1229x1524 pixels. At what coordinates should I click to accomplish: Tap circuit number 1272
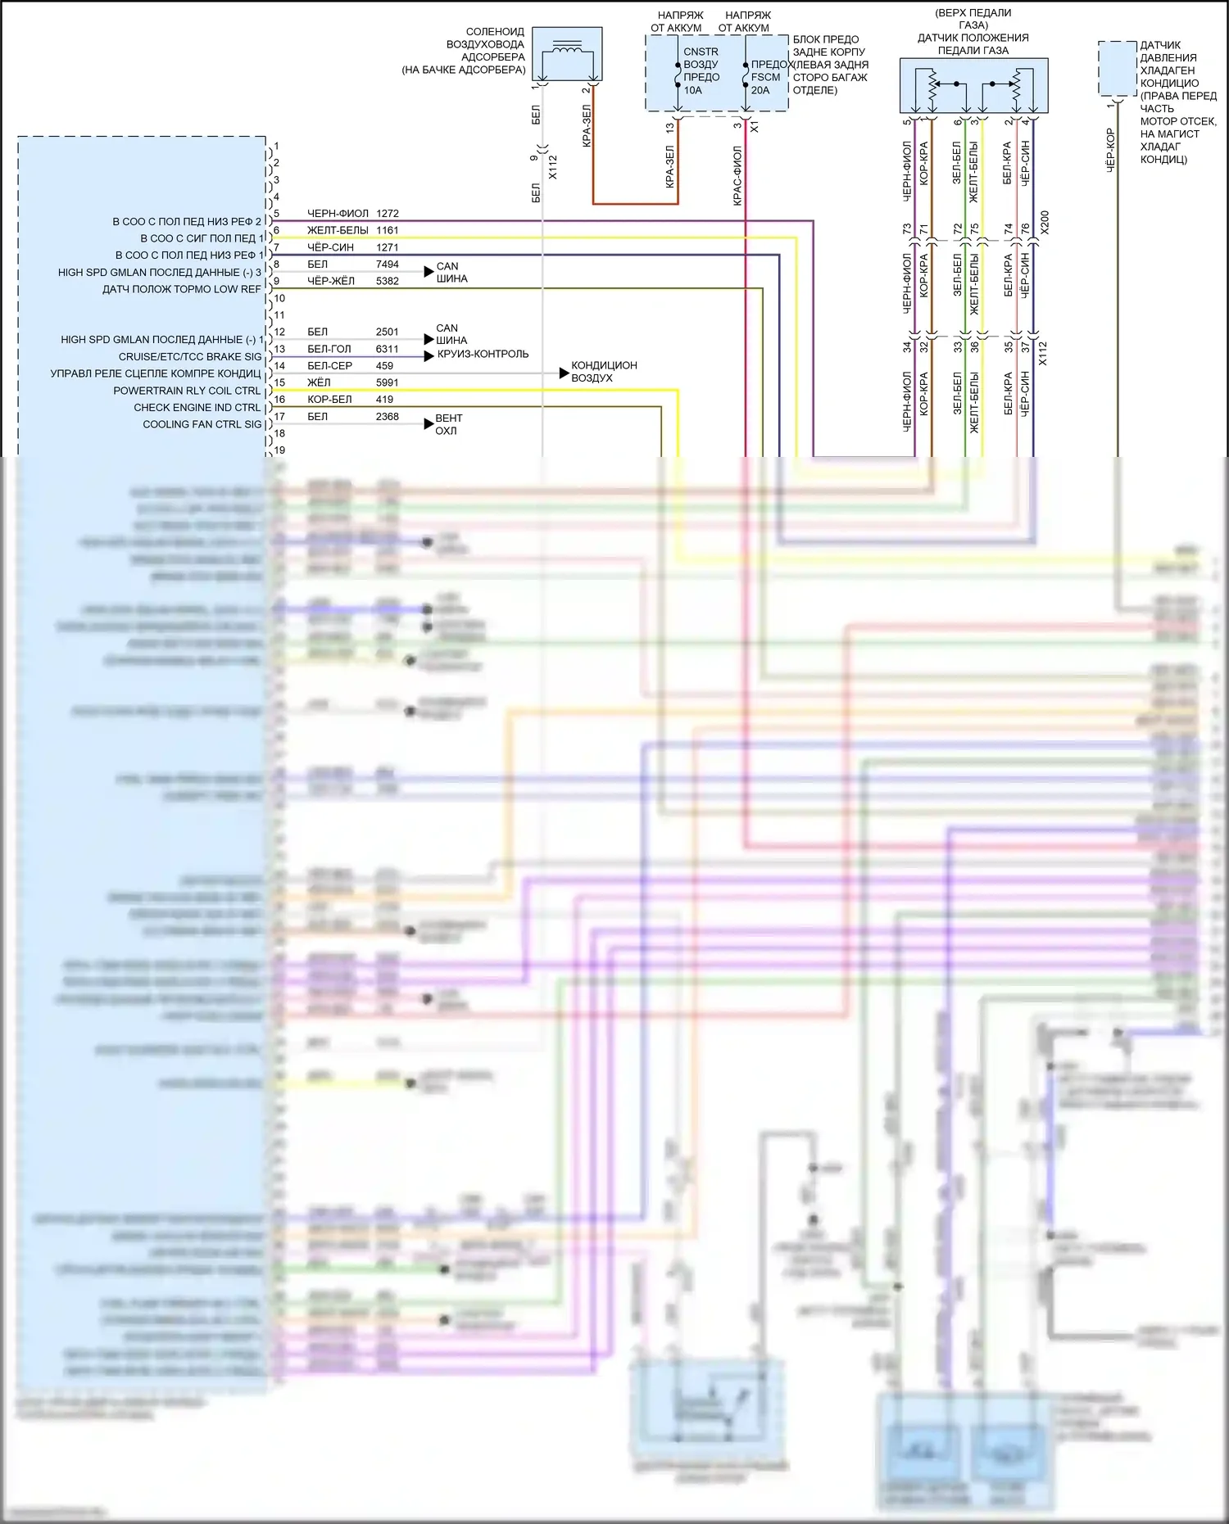tap(388, 214)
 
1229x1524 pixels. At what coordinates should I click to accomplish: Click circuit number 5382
tap(388, 281)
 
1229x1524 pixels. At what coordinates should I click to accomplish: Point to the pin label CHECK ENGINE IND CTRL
tap(197, 408)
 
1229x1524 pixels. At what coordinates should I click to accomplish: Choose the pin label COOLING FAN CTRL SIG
tap(202, 425)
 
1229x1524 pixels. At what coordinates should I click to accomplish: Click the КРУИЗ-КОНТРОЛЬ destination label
tap(483, 355)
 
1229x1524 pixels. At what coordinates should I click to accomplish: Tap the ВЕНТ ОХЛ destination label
tap(448, 424)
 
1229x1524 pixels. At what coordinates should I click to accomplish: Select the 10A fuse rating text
tap(693, 91)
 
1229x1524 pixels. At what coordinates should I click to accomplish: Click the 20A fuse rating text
tap(760, 91)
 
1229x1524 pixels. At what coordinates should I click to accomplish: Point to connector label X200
tap(1044, 223)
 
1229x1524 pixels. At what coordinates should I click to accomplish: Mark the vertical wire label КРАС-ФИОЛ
tap(737, 175)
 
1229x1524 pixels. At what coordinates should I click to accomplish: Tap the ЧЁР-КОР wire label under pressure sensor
tap(1110, 149)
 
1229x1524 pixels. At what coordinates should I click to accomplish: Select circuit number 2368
tap(388, 417)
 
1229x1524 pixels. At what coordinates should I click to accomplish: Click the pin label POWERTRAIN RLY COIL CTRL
tap(187, 391)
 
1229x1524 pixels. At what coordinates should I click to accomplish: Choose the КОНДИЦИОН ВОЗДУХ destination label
tap(604, 372)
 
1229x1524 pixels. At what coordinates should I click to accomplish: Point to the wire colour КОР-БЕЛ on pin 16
tap(329, 400)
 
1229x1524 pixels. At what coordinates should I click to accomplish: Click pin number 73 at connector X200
tap(907, 230)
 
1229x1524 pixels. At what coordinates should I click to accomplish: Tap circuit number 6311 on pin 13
tap(388, 349)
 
